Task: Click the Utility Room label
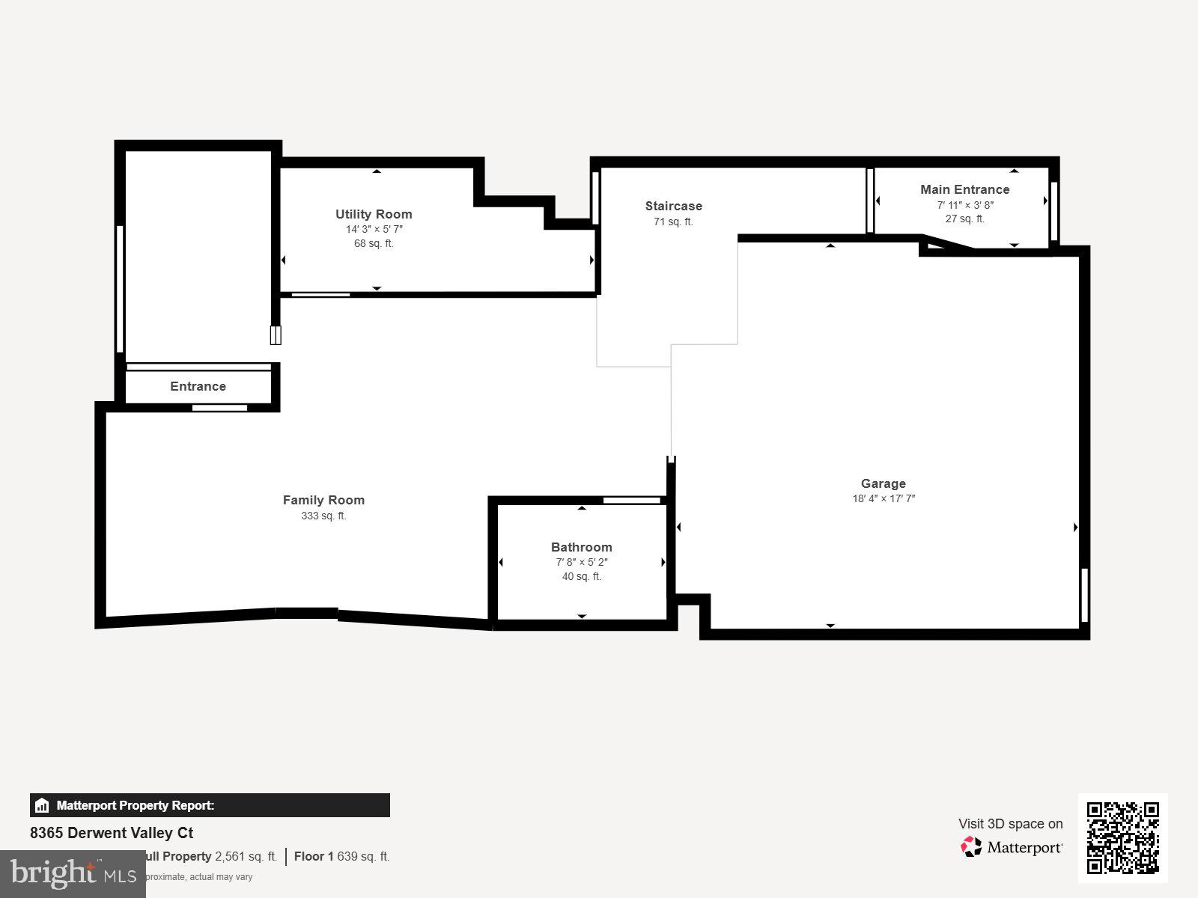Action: (374, 214)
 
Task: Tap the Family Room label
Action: (323, 500)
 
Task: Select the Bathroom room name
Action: (582, 547)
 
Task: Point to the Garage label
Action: (884, 483)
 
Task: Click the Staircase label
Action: (674, 206)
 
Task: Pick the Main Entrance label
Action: (965, 189)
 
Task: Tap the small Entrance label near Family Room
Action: (198, 386)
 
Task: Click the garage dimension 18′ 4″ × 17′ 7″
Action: (884, 499)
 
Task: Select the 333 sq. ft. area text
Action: (323, 516)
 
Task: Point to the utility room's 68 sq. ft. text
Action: (374, 243)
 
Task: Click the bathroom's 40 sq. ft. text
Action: (582, 576)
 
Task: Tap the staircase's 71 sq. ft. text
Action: (673, 222)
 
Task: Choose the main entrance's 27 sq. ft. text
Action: (965, 219)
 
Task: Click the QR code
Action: (1122, 837)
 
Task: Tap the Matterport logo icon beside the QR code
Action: (971, 847)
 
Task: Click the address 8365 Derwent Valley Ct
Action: (112, 833)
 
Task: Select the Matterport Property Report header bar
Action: (210, 805)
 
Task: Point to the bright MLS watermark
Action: (73, 873)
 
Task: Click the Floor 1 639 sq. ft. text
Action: (341, 856)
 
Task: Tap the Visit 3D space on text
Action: (1010, 824)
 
